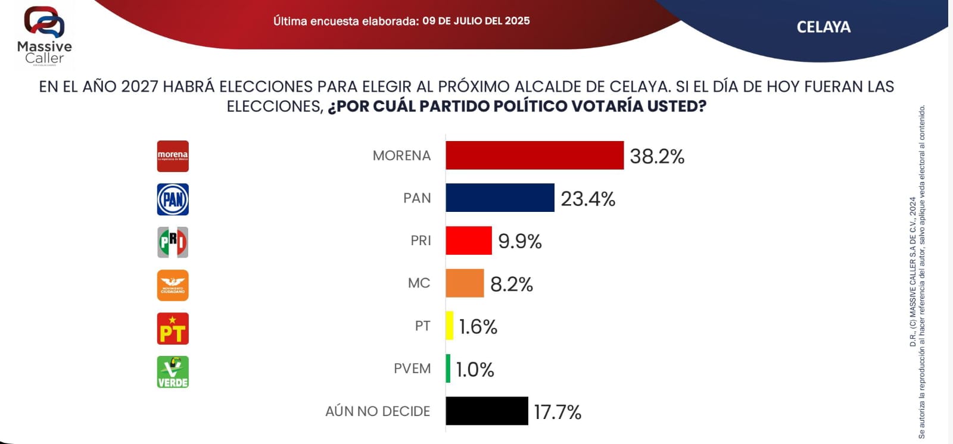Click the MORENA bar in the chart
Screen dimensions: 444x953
click(x=534, y=155)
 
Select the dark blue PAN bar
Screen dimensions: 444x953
click(x=500, y=198)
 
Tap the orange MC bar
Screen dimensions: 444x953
click(x=465, y=283)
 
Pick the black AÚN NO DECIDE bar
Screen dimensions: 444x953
click(x=487, y=411)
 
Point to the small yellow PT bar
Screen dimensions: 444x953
click(x=450, y=326)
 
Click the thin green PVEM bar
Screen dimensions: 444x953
click(x=448, y=368)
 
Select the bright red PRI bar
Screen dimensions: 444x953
click(x=469, y=240)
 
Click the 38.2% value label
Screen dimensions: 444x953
click(x=657, y=156)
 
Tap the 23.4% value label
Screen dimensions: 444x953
click(x=588, y=199)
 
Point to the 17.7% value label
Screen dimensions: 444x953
click(x=558, y=412)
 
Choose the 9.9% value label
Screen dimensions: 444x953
click(x=520, y=241)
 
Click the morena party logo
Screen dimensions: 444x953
click(x=173, y=156)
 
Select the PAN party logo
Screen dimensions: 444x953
click(x=173, y=199)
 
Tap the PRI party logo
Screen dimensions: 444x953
click(x=173, y=242)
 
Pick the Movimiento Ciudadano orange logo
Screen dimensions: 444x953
click(x=173, y=285)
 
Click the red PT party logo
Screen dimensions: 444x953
click(x=173, y=329)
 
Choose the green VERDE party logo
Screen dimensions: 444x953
click(x=173, y=372)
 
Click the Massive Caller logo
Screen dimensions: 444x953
click(x=44, y=36)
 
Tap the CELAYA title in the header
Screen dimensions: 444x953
click(x=823, y=27)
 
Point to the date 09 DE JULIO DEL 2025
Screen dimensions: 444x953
click(x=476, y=21)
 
